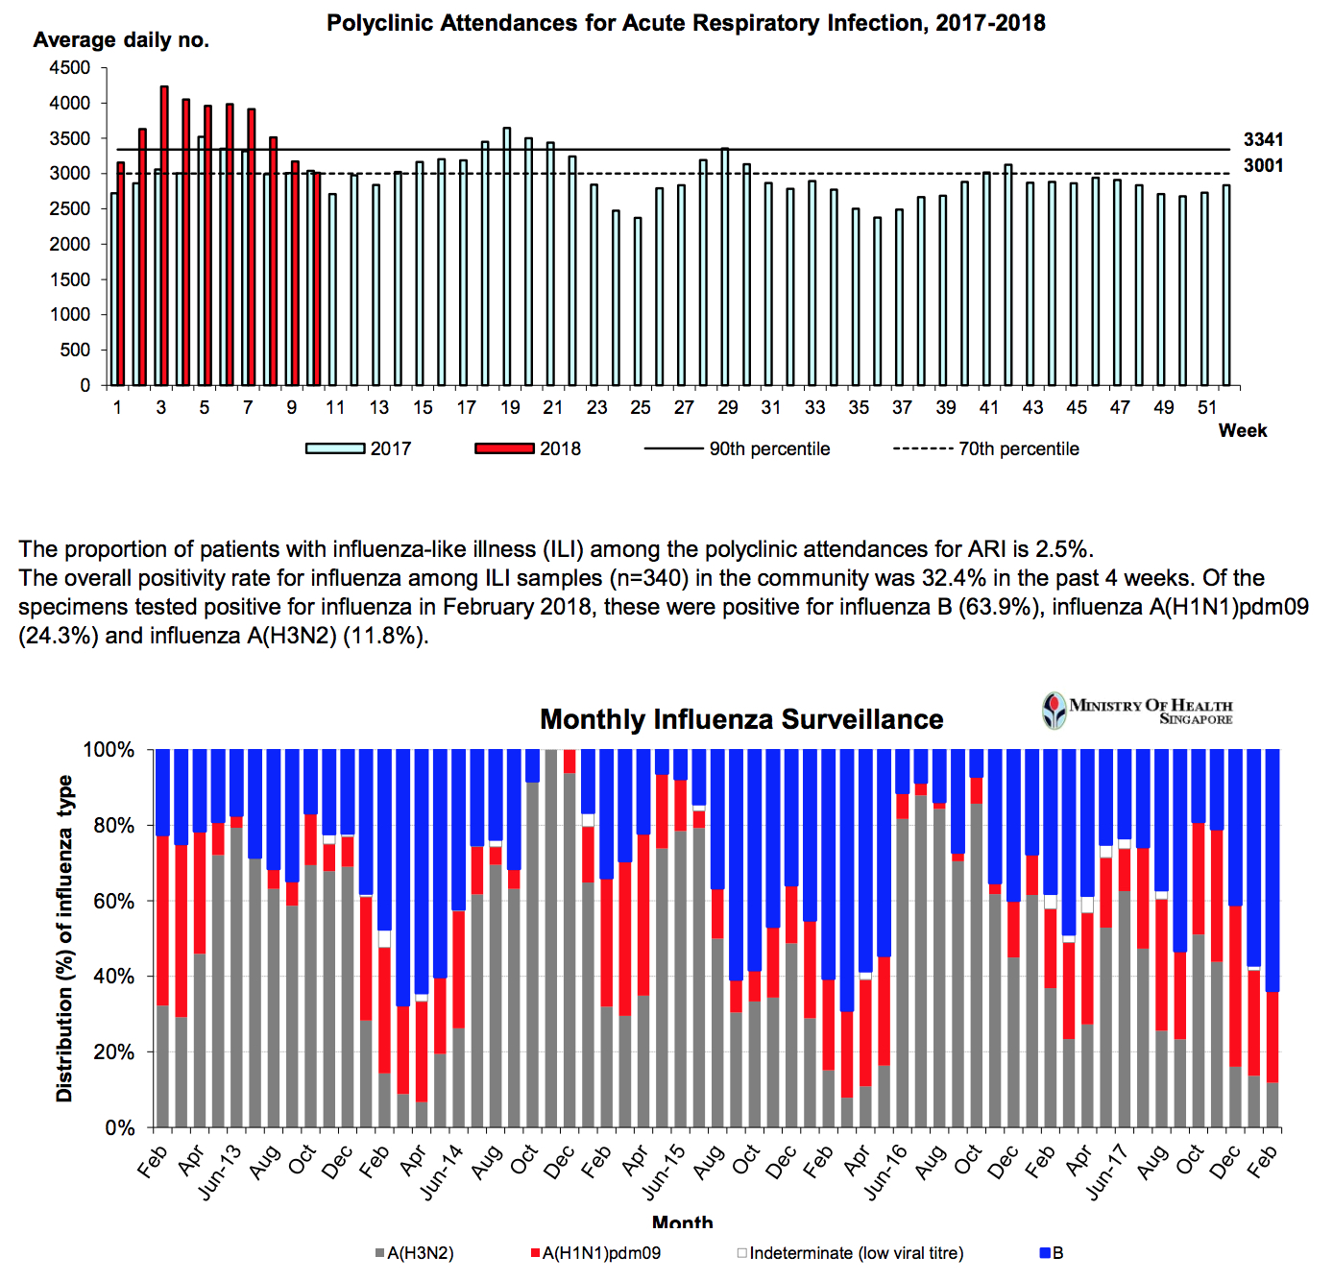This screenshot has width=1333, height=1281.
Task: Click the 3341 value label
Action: (1263, 140)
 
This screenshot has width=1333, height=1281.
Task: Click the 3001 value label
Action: (1263, 166)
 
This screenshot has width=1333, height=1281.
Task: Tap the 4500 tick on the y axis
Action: (69, 68)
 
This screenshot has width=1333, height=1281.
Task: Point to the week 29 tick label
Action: (728, 408)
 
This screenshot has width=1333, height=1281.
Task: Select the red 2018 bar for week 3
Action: (164, 235)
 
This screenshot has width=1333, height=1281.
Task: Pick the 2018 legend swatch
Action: (504, 448)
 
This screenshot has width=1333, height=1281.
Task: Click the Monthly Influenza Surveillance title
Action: (741, 719)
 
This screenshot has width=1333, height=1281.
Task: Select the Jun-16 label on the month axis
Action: (885, 1172)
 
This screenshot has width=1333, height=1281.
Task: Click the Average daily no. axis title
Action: (121, 40)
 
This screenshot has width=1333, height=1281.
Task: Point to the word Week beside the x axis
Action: (1243, 431)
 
